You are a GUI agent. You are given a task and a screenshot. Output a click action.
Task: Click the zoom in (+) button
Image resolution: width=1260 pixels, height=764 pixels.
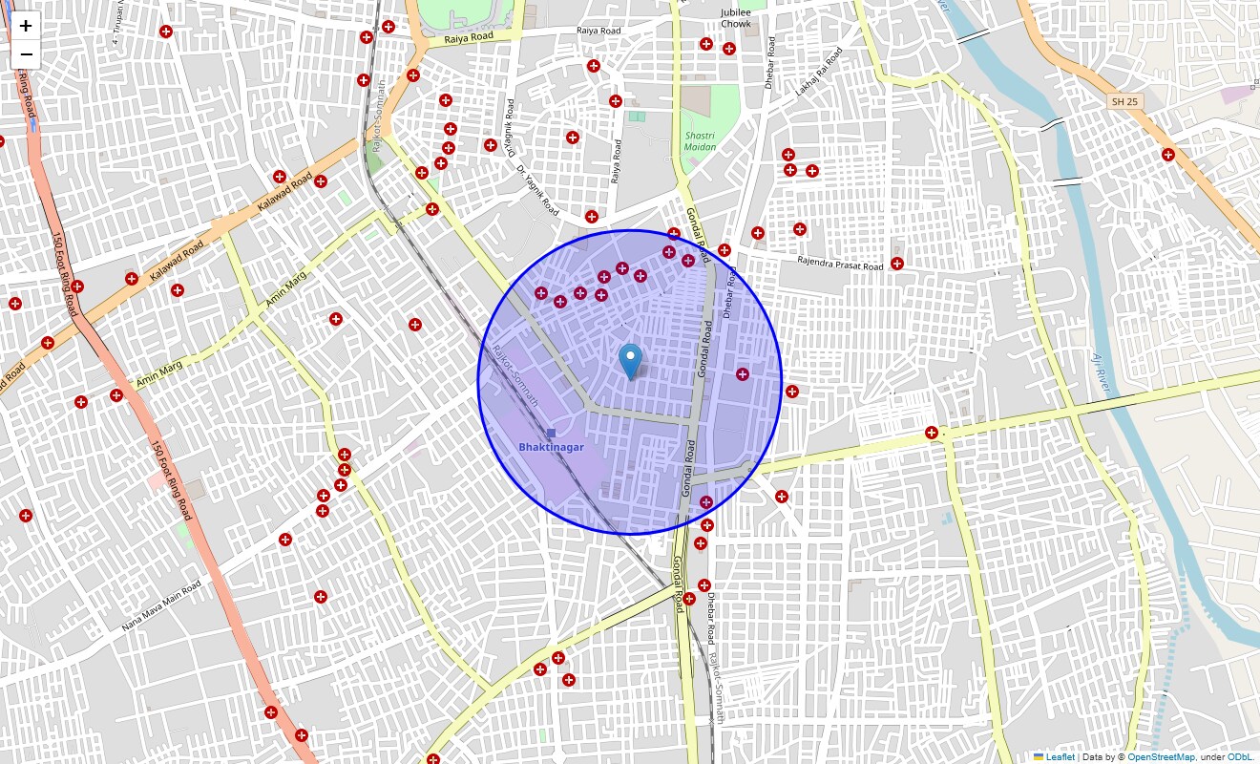26,26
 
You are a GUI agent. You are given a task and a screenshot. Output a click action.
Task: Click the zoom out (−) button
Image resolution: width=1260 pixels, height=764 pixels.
26,54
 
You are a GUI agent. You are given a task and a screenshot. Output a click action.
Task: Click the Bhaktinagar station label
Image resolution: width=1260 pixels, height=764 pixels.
551,447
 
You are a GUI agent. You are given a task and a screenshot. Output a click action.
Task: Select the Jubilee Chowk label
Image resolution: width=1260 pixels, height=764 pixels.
736,17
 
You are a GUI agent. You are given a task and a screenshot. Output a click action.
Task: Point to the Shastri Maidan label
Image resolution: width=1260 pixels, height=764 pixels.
700,141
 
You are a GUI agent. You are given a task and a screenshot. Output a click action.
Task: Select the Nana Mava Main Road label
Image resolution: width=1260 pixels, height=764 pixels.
161,605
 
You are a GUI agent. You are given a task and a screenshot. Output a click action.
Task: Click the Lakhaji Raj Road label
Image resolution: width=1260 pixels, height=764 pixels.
820,74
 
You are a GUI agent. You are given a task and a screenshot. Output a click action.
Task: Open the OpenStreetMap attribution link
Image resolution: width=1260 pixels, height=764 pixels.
1161,757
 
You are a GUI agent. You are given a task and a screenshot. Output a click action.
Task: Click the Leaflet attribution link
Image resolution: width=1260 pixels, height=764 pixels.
1060,757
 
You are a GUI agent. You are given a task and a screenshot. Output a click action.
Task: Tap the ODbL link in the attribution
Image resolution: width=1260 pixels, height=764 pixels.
1240,757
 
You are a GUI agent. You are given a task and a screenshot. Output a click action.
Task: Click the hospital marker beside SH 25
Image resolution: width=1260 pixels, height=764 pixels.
1167,155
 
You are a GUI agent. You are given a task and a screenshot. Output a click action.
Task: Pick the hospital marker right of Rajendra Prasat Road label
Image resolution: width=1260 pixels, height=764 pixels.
897,264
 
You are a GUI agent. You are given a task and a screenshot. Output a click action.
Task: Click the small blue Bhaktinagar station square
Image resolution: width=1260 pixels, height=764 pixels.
551,433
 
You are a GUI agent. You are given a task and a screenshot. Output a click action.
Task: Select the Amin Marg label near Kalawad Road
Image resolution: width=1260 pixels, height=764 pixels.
287,292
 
